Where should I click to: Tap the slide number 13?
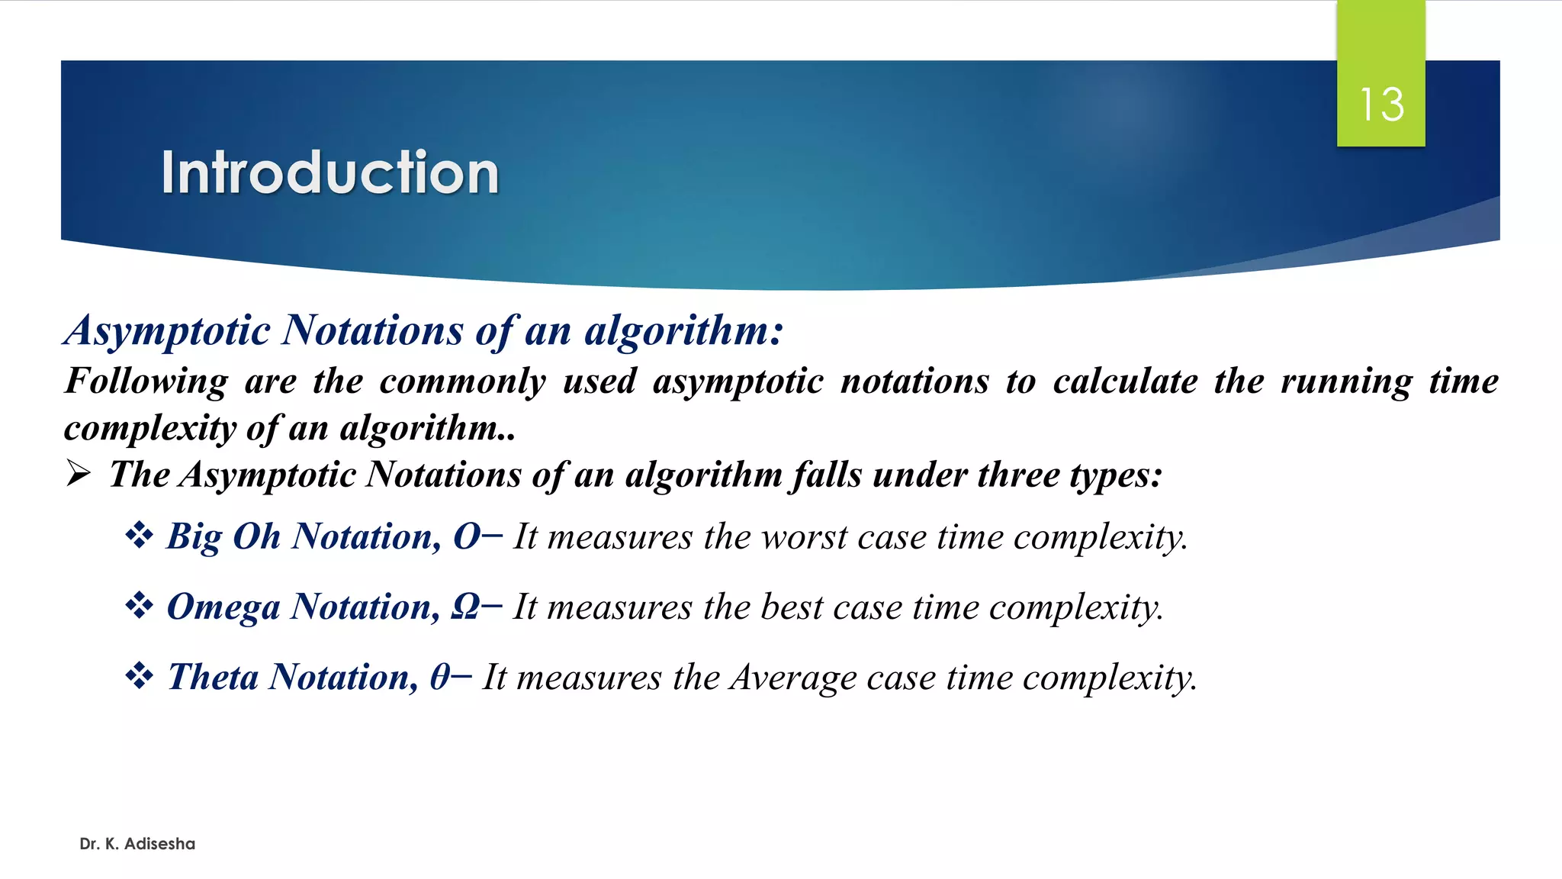pos(1381,105)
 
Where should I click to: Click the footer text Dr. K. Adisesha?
pos(137,843)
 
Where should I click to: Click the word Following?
pos(146,382)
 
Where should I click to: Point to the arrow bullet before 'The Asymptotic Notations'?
pos(78,474)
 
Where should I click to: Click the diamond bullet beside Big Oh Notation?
pos(139,535)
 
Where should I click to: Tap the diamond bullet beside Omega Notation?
pos(139,606)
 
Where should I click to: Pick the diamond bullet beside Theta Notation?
pos(139,676)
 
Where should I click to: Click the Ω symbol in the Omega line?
pos(465,607)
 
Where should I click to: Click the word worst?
pos(804,537)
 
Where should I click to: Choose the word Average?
pos(793,678)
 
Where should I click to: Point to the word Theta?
pos(213,678)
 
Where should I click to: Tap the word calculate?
pos(1125,382)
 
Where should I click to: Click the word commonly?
pos(462,382)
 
